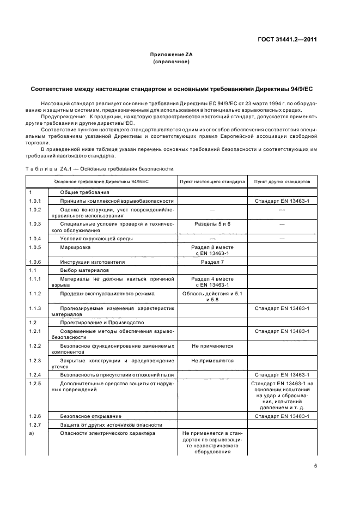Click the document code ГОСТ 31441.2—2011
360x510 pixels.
(286, 39)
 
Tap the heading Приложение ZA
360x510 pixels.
(172, 55)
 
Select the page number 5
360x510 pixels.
(315, 466)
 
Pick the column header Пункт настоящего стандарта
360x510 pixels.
(212, 181)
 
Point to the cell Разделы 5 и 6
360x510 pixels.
(212, 224)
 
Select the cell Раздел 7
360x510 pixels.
(212, 262)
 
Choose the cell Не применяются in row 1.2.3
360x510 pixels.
(212, 361)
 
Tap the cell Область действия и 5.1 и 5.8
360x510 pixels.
(212, 296)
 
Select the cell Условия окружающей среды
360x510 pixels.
(96, 239)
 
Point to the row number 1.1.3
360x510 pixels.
(35, 308)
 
